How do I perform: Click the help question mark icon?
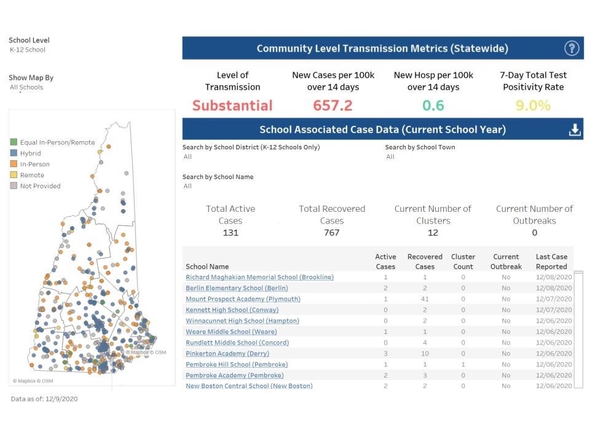pos(572,48)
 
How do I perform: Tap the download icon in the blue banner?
pos(575,130)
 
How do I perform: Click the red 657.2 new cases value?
pos(332,105)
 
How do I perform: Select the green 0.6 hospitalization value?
pos(433,105)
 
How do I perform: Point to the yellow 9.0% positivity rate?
pos(533,105)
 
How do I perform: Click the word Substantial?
pos(232,105)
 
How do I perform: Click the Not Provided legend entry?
pos(40,186)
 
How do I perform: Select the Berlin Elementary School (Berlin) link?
pos(237,288)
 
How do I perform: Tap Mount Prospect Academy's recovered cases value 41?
pos(425,299)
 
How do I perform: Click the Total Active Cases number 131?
pos(230,233)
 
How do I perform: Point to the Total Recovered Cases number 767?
pos(332,233)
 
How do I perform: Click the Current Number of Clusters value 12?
pos(433,233)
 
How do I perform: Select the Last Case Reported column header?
pos(551,262)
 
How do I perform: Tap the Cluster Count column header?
pos(463,262)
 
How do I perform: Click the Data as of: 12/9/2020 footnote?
pos(44,399)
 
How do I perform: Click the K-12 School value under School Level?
pos(28,50)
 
